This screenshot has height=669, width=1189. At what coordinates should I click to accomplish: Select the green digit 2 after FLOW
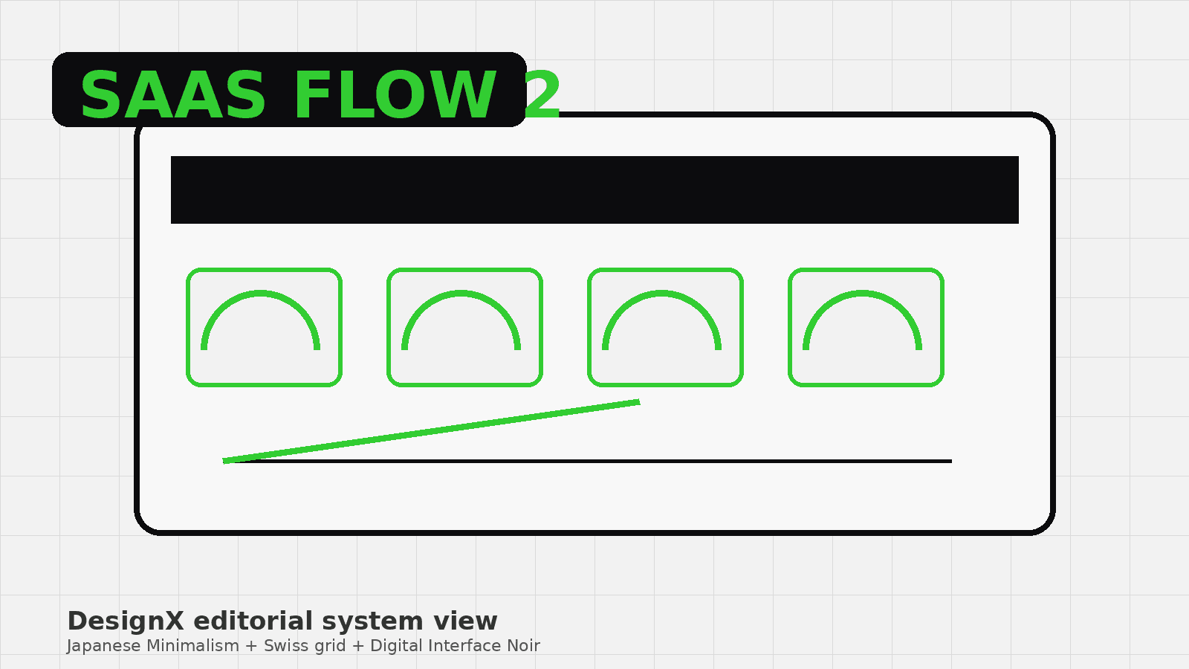542,95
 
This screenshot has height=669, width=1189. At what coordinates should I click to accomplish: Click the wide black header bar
594,190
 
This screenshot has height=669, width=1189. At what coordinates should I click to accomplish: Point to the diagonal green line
432,432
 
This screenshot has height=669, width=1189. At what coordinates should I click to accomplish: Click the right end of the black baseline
951,462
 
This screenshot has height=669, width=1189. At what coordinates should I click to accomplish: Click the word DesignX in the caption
126,621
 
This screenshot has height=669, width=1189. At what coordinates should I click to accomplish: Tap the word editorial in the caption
253,621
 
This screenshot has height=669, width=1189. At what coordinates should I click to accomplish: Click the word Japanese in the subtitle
104,646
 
